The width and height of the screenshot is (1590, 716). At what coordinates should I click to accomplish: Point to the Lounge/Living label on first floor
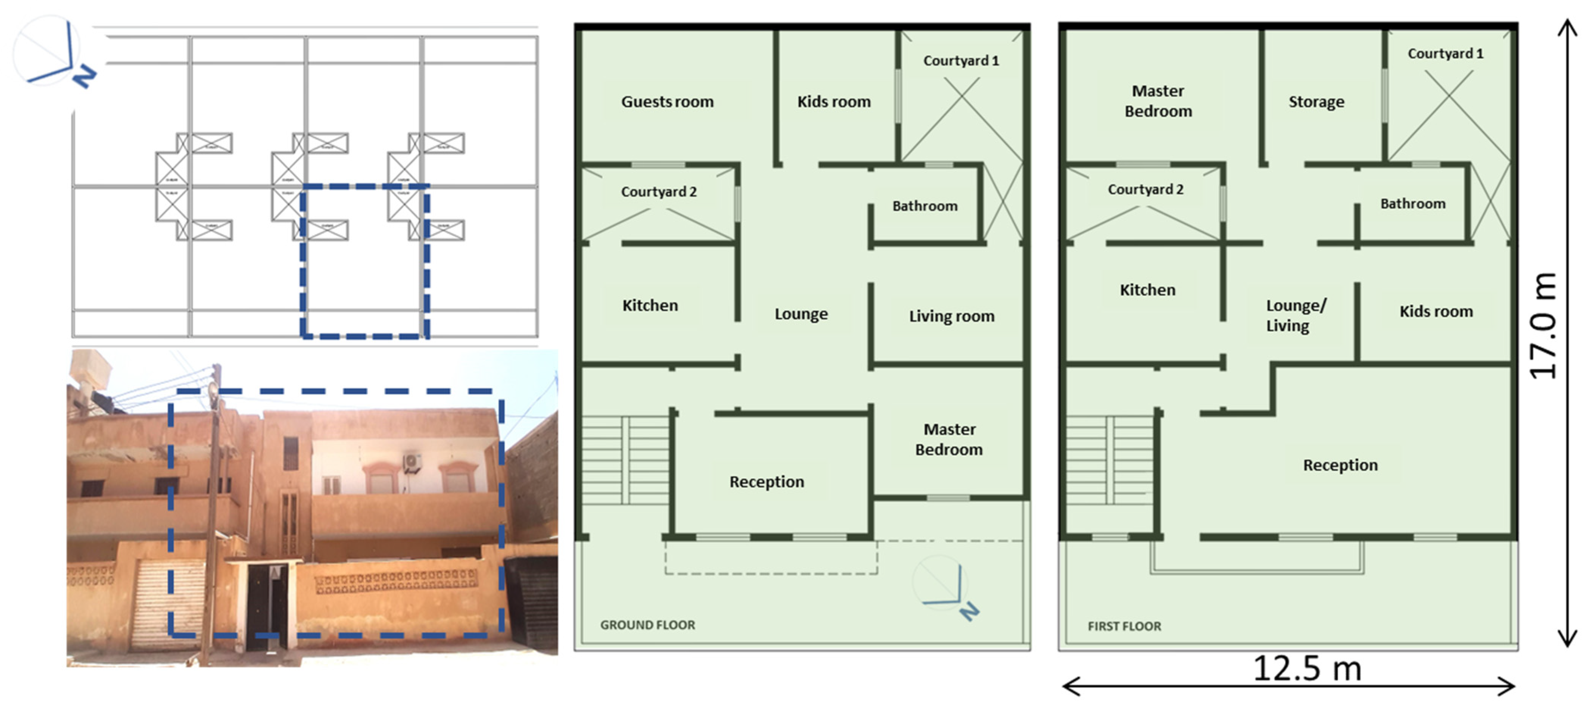1295,315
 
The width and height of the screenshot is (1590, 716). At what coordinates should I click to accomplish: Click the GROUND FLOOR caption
647,625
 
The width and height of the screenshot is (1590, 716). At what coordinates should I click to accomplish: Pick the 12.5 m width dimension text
1307,668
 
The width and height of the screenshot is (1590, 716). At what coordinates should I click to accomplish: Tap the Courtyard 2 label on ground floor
659,192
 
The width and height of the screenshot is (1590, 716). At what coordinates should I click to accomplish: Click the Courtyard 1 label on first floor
1445,54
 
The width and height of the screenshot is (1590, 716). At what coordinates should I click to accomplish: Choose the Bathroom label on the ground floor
924,206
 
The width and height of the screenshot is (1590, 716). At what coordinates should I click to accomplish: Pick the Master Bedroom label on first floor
1158,101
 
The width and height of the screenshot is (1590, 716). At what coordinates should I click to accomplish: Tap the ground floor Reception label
767,482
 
